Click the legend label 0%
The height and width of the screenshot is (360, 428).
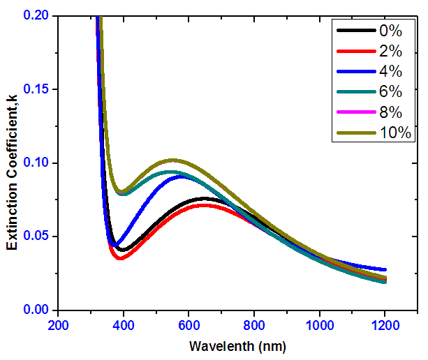(390, 31)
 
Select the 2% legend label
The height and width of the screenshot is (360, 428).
(390, 51)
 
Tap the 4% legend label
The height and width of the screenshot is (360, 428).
(390, 71)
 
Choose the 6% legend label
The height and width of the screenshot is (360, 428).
(390, 91)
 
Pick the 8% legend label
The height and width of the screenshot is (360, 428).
(390, 112)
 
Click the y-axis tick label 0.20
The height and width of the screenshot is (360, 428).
(36, 15)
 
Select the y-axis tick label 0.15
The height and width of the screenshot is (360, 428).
(36, 89)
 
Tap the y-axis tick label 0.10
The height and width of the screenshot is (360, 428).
(36, 163)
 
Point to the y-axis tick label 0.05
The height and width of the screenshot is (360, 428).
(36, 236)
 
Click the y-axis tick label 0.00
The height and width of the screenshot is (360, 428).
(36, 310)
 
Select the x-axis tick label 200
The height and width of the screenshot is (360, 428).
(59, 325)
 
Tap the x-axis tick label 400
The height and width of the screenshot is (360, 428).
(124, 325)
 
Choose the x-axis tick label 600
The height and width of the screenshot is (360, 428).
(189, 325)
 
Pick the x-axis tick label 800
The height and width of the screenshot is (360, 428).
(255, 325)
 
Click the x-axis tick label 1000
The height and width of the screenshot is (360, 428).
(320, 325)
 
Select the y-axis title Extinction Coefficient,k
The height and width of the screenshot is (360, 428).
(12, 163)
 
